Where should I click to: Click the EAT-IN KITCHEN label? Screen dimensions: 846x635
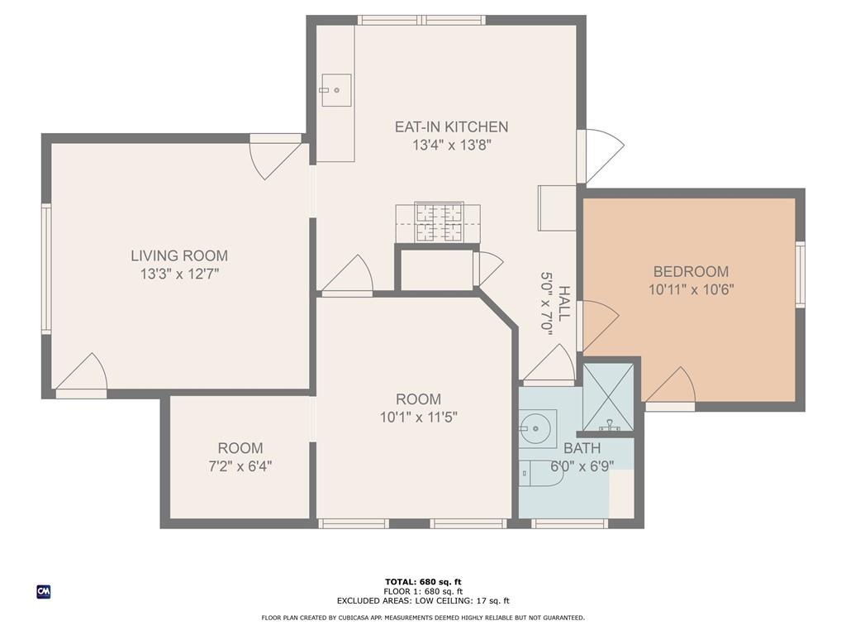(451, 127)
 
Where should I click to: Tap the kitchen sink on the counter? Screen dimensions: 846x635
(335, 90)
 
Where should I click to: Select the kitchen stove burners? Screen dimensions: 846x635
(439, 222)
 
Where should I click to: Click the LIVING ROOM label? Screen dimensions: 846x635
(179, 255)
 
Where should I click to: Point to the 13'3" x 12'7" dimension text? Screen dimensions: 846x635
(179, 274)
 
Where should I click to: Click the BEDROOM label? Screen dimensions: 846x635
(691, 271)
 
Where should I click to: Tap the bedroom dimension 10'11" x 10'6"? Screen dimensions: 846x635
(691, 289)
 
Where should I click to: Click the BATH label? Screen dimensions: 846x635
(582, 447)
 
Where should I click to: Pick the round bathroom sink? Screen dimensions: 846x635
(535, 428)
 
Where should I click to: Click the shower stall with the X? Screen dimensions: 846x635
(609, 398)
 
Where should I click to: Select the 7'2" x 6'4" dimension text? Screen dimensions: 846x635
(240, 466)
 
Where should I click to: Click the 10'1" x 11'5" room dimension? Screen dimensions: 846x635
(418, 418)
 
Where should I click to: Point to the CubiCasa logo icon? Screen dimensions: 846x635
(44, 592)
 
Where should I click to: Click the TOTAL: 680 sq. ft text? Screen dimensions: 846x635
(423, 581)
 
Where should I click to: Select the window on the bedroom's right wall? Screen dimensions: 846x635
(801, 275)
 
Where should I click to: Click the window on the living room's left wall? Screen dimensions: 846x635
(46, 269)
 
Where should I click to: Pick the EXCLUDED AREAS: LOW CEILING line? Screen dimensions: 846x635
(423, 600)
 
